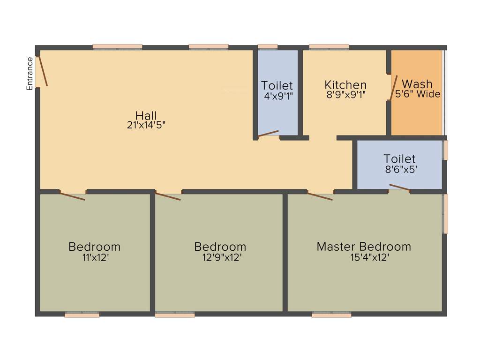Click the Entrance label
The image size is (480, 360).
point(30,74)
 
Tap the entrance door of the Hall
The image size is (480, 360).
point(42,71)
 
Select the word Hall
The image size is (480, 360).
point(146,115)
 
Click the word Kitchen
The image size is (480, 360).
point(345,85)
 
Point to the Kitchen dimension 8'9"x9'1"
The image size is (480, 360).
point(345,94)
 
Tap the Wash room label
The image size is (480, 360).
point(417,84)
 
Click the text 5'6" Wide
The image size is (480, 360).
point(418,94)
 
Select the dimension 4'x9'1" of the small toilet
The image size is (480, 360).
point(277,95)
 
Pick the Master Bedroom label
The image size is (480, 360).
point(364,247)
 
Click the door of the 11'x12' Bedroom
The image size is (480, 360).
point(72,196)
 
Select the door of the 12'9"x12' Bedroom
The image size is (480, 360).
point(168,196)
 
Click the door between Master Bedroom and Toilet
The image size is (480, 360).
point(399,188)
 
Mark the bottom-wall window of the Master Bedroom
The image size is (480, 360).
point(331,315)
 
